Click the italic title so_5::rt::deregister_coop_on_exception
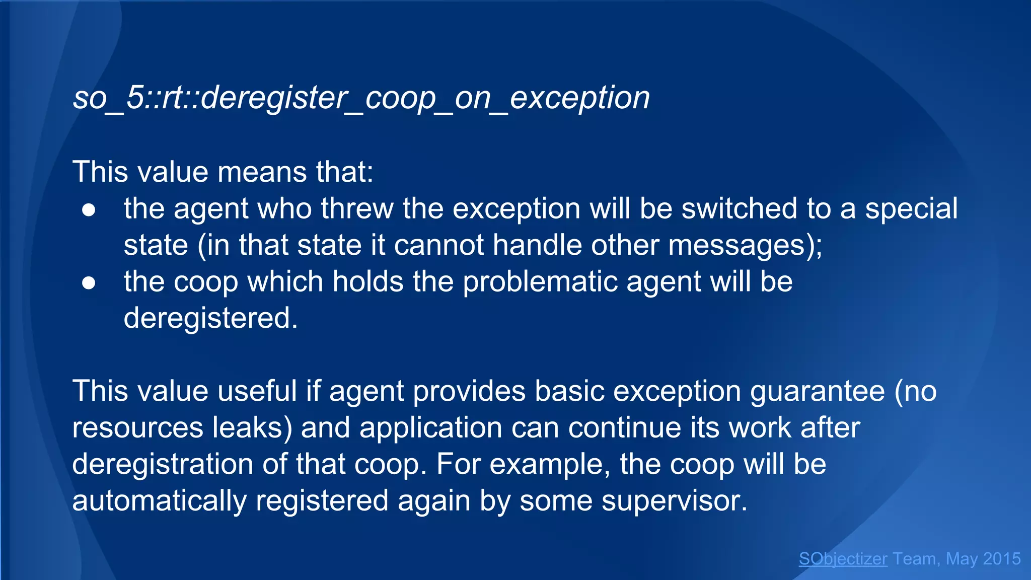[361, 98]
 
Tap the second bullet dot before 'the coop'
[89, 283]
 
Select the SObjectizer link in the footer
[843, 559]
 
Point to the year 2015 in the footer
[1002, 559]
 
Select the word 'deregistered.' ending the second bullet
[211, 318]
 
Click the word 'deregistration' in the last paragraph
[162, 464]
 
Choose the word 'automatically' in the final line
[159, 500]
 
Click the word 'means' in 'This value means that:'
[262, 172]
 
